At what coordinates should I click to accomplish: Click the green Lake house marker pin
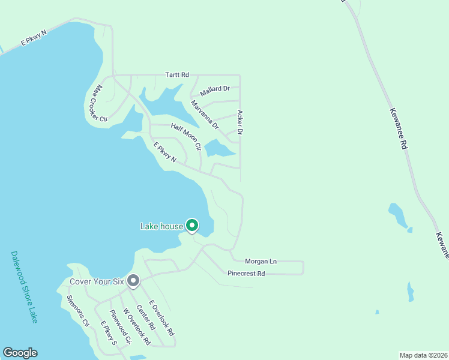192,226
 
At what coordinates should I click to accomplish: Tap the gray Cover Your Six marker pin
133,280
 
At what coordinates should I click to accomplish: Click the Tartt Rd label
177,75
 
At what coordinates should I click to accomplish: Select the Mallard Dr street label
215,89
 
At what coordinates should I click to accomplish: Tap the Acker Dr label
240,122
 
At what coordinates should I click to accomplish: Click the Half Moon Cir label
185,136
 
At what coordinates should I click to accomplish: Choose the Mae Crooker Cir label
99,103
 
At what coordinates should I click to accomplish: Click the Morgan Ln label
261,261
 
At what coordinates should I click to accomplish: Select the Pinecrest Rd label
246,274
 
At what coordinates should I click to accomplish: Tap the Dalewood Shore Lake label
24,287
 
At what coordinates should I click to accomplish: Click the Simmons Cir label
78,310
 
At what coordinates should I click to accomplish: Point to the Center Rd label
145,318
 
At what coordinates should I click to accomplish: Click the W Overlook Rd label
136,327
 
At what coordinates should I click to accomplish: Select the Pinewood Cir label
120,328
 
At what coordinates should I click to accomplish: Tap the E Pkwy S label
107,334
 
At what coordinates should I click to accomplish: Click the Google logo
20,353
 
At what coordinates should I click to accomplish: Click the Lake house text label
161,226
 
